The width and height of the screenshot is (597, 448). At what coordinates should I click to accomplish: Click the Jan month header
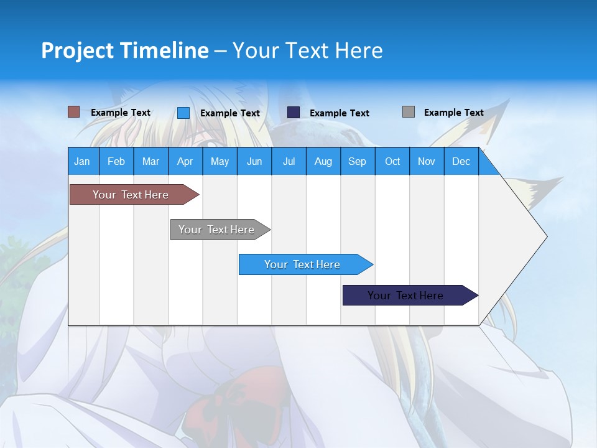(82, 161)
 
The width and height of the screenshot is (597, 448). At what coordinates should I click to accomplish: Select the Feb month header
(116, 161)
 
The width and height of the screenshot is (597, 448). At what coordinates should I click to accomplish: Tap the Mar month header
(150, 161)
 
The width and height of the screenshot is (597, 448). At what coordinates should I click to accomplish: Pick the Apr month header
(185, 161)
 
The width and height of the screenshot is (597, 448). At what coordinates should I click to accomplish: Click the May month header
(220, 161)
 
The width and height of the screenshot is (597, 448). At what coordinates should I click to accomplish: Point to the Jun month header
(254, 161)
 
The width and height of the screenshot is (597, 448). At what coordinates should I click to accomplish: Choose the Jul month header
(289, 161)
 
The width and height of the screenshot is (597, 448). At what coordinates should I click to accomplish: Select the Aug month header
(323, 161)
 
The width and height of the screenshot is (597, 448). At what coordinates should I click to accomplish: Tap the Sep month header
(358, 161)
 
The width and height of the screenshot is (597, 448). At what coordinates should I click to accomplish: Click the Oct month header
(392, 161)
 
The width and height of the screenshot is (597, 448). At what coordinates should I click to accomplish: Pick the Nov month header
(427, 161)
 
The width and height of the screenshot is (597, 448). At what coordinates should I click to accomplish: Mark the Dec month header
(461, 161)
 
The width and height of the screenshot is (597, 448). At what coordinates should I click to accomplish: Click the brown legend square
(74, 112)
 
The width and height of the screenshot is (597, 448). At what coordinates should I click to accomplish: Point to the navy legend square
(294, 113)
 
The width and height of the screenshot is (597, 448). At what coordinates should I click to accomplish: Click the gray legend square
(409, 112)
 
